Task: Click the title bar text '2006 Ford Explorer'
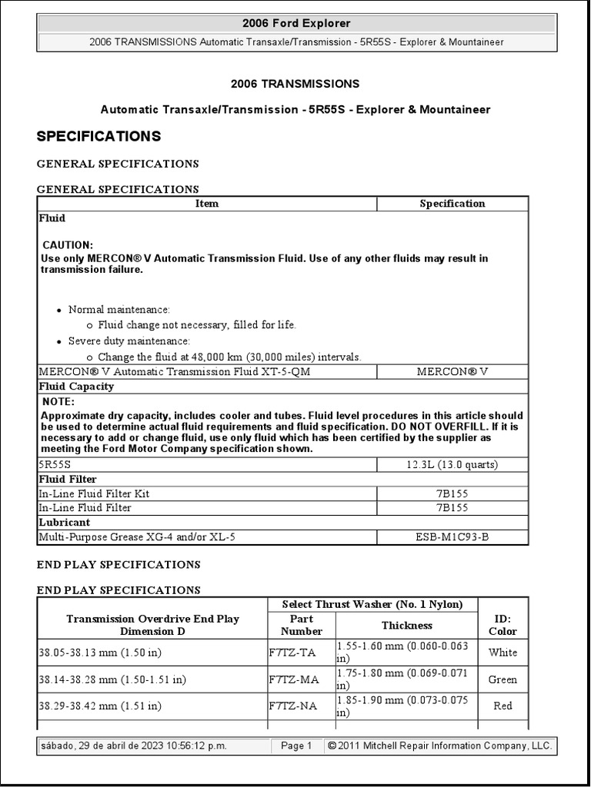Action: [x=296, y=24]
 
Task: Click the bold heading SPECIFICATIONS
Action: [x=99, y=137]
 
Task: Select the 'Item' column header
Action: [x=207, y=204]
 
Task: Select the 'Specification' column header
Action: [x=452, y=204]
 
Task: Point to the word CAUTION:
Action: [x=68, y=244]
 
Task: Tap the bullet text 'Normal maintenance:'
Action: [x=119, y=309]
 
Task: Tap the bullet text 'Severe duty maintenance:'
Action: [x=129, y=340]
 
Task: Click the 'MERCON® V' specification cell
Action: [x=452, y=372]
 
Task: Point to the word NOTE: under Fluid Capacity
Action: [x=58, y=402]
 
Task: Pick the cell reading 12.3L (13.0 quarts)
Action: [x=452, y=465]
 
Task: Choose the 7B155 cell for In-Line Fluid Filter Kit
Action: [x=452, y=494]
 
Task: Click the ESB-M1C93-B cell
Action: [x=452, y=537]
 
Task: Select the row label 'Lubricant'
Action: [x=64, y=523]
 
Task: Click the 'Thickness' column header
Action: [x=407, y=626]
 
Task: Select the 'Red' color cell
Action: [x=503, y=706]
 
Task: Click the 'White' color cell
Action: [x=503, y=653]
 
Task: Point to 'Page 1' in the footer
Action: [x=296, y=746]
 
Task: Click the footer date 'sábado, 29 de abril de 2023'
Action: [x=114, y=746]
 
